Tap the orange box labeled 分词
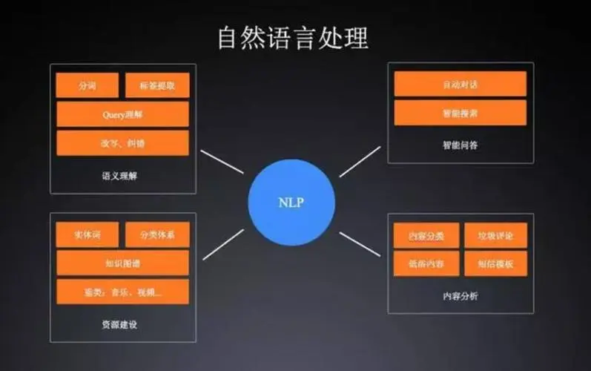click(x=88, y=85)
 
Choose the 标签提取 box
click(x=157, y=85)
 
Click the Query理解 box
click(x=122, y=114)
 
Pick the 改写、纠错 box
click(x=122, y=142)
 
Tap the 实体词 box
click(x=88, y=235)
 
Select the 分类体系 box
click(x=157, y=235)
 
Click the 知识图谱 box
click(x=122, y=263)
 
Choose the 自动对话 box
click(x=460, y=84)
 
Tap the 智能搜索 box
click(x=460, y=113)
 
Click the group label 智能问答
click(x=460, y=145)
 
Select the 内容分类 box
click(x=426, y=235)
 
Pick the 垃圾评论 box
click(x=495, y=235)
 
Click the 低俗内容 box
click(x=426, y=263)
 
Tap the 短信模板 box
click(x=495, y=263)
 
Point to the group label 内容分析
click(x=460, y=296)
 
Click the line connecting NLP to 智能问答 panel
click(x=360, y=162)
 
